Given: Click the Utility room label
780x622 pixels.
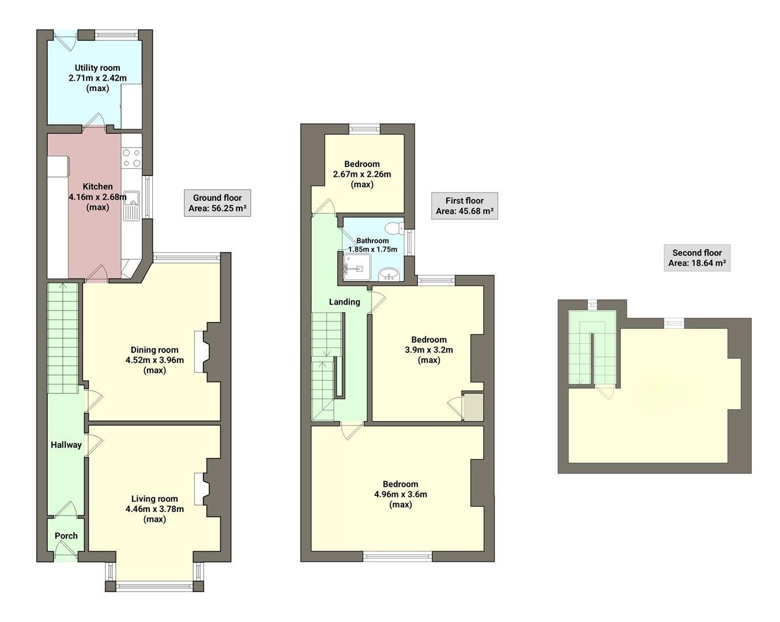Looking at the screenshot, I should [97, 68].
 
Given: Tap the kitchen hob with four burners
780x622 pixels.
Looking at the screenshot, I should [131, 158].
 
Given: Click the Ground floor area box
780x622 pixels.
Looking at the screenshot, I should [217, 203].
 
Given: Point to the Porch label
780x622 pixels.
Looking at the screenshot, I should [66, 536].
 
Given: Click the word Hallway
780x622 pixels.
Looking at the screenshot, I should [66, 445].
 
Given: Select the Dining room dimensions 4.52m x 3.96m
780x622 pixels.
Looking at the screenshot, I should [155, 360].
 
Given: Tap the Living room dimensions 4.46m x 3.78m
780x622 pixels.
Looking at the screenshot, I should [155, 509].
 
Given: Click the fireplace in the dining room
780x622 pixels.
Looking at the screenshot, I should [200, 352].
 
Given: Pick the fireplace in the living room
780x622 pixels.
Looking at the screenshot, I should [200, 488].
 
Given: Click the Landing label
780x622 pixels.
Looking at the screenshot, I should [344, 302].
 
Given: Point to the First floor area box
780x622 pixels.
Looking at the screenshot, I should [465, 206].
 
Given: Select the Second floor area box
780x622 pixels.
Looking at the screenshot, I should [697, 258].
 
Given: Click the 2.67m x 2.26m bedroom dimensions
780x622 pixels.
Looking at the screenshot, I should [362, 174].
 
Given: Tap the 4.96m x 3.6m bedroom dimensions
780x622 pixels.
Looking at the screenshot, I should [401, 494].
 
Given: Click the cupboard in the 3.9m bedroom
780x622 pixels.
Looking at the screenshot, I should [473, 407].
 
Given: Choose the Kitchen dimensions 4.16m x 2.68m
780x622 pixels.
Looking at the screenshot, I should [97, 197].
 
